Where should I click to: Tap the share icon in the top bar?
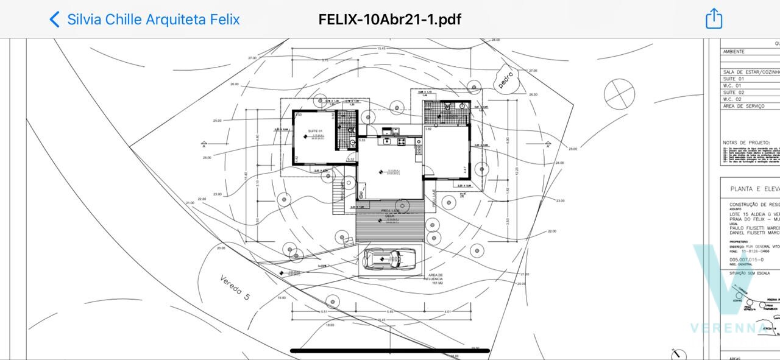714,19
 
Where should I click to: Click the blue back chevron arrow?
55,19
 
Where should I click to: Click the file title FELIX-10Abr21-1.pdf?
389,19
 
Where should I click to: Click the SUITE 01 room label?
314,132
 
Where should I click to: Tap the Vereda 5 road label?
235,288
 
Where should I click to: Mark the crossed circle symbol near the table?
620,95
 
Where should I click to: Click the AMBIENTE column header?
734,52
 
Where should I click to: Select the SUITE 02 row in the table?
734,92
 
